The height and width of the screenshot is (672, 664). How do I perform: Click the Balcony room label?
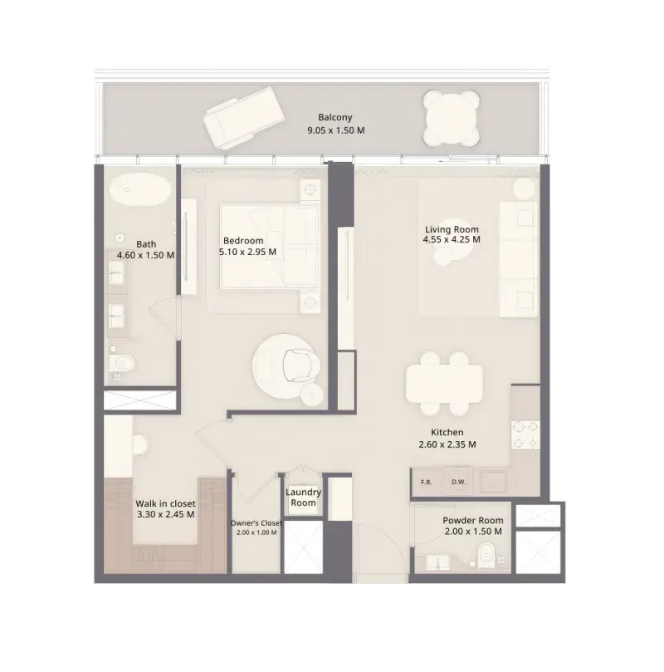point(334,117)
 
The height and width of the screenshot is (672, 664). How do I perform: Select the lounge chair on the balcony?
point(243,117)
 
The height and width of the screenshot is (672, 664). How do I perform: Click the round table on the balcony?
point(451,117)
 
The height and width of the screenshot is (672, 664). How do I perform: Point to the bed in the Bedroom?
point(269,247)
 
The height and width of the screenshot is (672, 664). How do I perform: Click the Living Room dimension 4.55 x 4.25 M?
point(452,239)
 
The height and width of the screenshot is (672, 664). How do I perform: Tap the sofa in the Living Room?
point(518,259)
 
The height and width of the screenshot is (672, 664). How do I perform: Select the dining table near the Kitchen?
point(444,384)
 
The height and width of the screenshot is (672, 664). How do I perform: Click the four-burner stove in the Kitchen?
point(525,434)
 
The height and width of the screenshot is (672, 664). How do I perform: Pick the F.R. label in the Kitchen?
point(426,482)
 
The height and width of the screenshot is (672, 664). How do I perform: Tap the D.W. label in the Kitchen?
point(458,482)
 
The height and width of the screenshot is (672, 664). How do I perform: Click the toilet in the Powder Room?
point(487,555)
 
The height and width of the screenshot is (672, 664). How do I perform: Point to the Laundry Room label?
point(303,498)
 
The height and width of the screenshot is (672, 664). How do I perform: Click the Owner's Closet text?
point(256,523)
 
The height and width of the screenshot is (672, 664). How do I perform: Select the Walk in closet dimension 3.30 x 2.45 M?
point(165,514)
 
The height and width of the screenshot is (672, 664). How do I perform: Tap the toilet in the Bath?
point(122,364)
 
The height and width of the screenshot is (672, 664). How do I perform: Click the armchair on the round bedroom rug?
point(300,365)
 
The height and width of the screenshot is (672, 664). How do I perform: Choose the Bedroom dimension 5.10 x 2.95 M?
point(247,252)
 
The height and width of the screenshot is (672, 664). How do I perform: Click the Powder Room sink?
point(437,562)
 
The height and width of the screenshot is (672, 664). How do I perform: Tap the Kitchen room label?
point(447,433)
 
